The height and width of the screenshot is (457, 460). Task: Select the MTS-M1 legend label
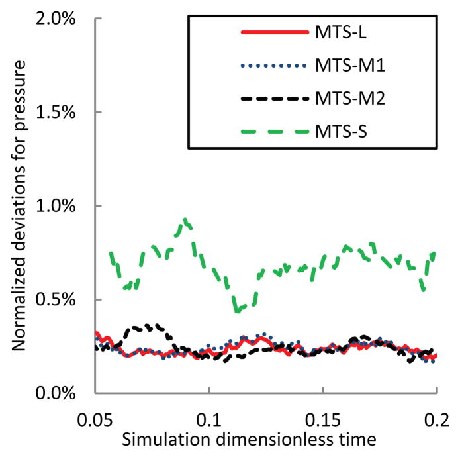[348, 66]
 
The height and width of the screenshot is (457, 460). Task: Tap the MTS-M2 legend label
[348, 99]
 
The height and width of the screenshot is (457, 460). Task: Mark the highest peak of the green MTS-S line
[187, 219]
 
